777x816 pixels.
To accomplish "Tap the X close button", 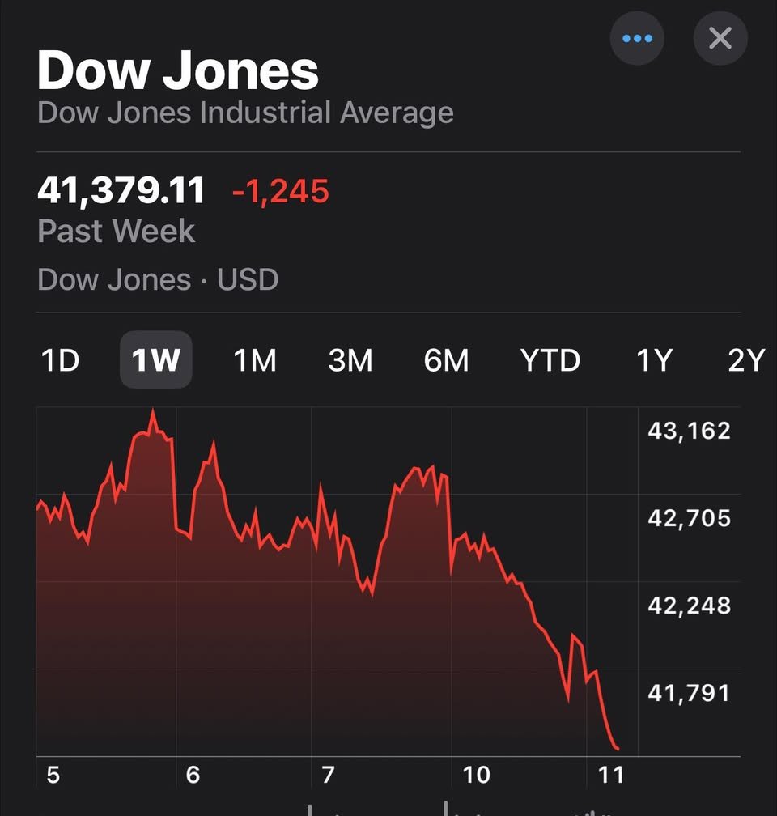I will pos(720,38).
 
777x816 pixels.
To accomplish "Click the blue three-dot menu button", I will pos(637,38).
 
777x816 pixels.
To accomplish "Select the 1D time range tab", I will pos(60,360).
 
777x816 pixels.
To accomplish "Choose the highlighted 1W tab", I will pos(155,360).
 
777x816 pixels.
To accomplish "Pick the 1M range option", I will pos(255,360).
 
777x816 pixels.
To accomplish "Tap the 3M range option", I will pos(350,360).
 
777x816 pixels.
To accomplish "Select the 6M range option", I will pos(446,360).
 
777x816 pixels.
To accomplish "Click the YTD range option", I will pos(550,360).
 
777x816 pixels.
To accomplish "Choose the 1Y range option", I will pos(654,360).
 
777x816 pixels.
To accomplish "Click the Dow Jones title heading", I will pos(178,70).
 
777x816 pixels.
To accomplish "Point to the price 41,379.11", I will pos(121,191).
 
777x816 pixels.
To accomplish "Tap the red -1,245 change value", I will pos(281,192).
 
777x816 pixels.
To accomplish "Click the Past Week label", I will pos(117,232).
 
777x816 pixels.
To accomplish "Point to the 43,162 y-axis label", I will pos(689,431).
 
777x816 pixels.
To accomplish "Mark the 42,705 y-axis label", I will pos(689,518).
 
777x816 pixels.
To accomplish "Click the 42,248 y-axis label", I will pos(689,606).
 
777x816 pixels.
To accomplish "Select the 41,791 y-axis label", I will pos(689,693).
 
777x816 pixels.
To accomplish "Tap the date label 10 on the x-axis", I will pos(476,776).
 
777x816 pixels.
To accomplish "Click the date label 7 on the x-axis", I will pos(328,776).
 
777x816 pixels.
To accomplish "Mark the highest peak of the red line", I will pos(153,412).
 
